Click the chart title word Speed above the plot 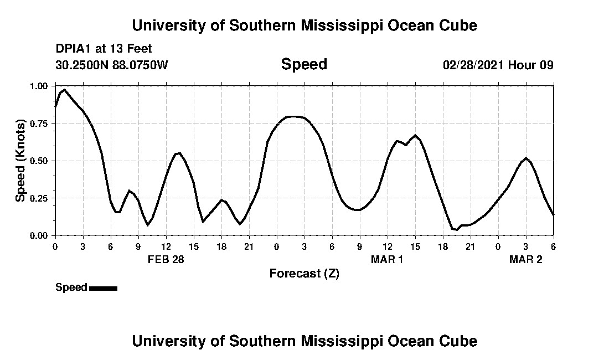click(304, 64)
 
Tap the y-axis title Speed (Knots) click(20, 161)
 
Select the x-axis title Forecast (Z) click(304, 274)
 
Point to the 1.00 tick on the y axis click(39, 86)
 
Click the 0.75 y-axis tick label click(39, 124)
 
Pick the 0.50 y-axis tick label click(39, 161)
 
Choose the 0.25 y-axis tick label click(39, 198)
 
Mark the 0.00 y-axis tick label click(39, 235)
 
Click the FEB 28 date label click(166, 259)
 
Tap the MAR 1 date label click(387, 259)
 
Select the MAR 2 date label click(525, 259)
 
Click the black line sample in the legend click(103, 288)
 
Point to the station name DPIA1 click(73, 49)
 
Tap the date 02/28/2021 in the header click(473, 65)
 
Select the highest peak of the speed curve click(64, 89)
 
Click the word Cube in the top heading click(458, 25)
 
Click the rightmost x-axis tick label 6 click(553, 246)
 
